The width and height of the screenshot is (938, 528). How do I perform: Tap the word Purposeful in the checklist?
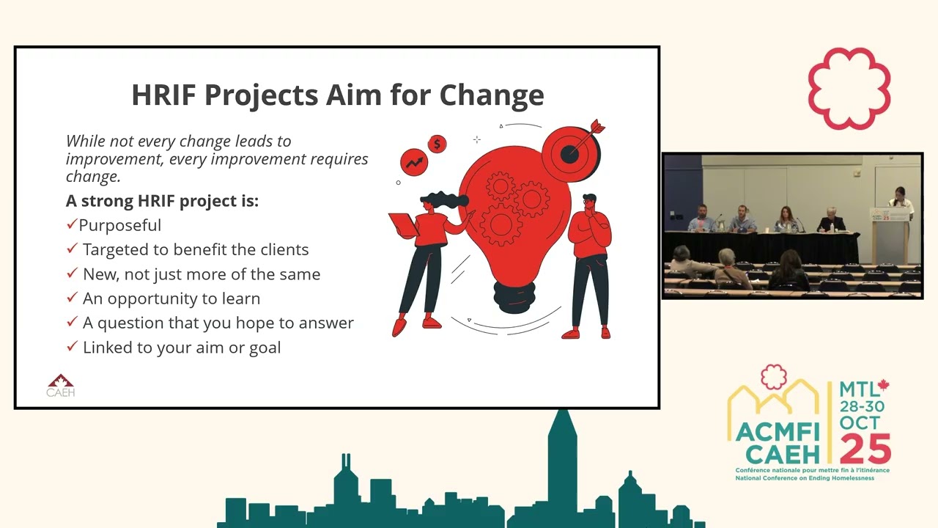click(x=120, y=225)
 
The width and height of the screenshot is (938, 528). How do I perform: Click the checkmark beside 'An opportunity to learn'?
click(x=72, y=298)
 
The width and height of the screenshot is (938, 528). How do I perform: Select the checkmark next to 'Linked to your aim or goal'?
click(x=72, y=347)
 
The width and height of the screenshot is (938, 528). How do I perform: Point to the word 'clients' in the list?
click(x=283, y=249)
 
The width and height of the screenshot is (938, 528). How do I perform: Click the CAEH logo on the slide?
click(x=60, y=385)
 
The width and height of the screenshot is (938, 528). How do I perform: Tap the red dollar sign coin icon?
click(x=437, y=144)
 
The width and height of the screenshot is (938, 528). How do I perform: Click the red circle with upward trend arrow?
click(x=414, y=161)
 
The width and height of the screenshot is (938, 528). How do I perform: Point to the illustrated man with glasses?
click(x=591, y=264)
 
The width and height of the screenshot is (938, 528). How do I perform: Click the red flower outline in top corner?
click(x=849, y=89)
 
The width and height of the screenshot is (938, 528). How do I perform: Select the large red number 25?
click(x=865, y=448)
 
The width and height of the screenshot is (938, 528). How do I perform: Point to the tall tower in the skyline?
click(x=562, y=462)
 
